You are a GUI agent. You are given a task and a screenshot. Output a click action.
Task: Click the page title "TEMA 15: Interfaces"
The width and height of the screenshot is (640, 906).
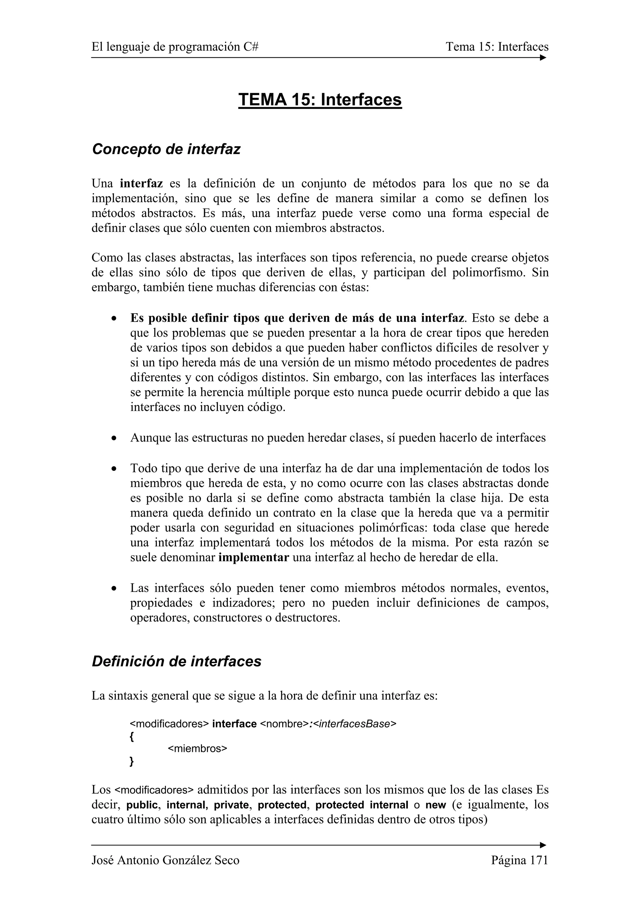(320, 99)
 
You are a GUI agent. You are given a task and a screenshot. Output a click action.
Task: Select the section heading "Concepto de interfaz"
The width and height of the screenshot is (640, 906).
(166, 149)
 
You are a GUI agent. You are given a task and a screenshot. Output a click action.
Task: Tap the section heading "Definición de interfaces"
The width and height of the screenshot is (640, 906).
(176, 661)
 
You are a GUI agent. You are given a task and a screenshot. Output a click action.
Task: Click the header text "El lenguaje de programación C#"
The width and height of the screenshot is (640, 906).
(175, 47)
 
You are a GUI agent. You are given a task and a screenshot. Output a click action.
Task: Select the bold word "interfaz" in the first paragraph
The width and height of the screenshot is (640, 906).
(141, 184)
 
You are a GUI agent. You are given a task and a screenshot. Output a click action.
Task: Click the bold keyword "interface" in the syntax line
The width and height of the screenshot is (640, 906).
(234, 724)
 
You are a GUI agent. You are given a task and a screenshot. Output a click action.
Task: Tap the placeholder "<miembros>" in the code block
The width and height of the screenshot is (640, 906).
(197, 748)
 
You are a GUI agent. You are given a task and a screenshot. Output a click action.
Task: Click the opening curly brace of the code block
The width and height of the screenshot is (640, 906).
(132, 736)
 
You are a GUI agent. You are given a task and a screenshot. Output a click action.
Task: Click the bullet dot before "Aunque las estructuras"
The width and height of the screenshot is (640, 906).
(114, 438)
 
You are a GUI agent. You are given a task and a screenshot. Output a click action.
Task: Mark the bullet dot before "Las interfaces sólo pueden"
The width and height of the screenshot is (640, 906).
(114, 588)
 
